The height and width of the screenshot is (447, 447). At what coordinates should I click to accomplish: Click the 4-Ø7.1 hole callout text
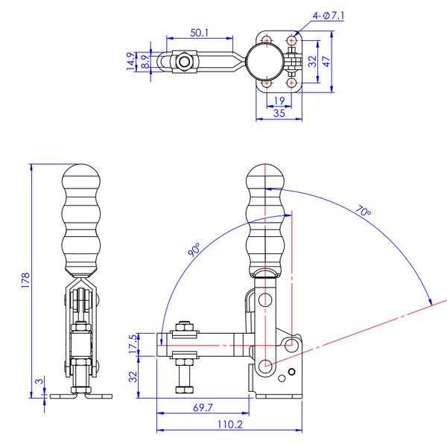[x=329, y=16]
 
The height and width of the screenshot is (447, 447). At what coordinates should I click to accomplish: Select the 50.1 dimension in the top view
[x=199, y=33]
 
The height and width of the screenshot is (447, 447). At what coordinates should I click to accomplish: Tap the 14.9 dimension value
[x=130, y=61]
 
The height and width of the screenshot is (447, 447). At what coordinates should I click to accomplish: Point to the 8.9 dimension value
[x=145, y=62]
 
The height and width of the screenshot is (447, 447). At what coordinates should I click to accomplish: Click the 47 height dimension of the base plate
[x=326, y=62]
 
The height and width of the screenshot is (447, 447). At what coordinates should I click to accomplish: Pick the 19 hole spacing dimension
[x=279, y=101]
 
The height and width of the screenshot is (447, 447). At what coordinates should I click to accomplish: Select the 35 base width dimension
[x=279, y=113]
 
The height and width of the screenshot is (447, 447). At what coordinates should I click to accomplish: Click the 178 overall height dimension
[x=25, y=280]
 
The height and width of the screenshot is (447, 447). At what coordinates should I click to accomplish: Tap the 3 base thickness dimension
[x=39, y=381]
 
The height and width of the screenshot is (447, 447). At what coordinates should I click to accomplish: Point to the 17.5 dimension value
[x=133, y=344]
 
